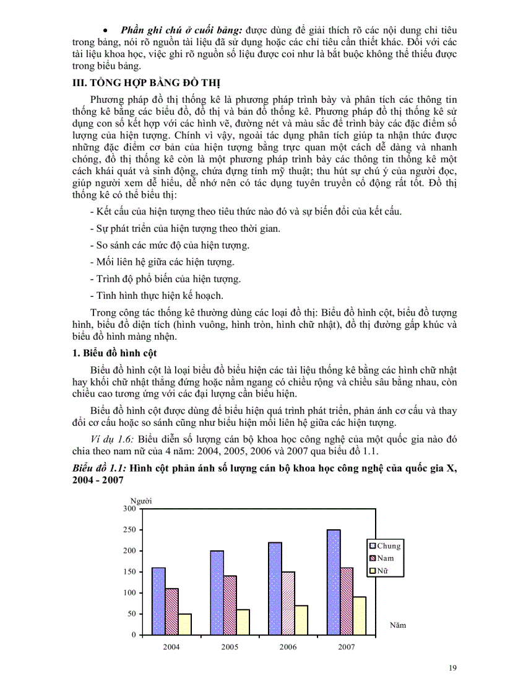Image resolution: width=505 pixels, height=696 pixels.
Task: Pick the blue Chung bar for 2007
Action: coord(334,581)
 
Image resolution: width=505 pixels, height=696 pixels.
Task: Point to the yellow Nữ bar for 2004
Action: coord(184,624)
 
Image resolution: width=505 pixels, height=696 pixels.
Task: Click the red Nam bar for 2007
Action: coord(347,601)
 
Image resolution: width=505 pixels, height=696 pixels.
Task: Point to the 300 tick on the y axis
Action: coord(129,509)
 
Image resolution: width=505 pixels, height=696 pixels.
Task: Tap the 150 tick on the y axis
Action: coord(129,572)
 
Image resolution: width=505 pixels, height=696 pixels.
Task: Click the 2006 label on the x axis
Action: coord(288,647)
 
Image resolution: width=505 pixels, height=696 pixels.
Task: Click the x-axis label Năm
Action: coord(398,625)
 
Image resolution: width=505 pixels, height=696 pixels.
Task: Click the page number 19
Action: coord(452,667)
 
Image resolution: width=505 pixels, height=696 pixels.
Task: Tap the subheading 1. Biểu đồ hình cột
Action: coord(115,353)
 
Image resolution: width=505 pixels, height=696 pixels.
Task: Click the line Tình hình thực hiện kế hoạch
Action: coord(157,296)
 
